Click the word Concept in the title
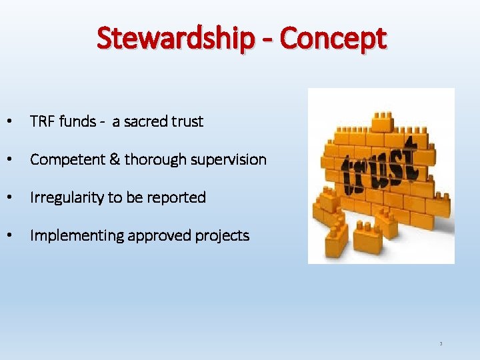click(333, 39)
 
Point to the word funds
click(77, 121)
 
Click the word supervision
click(228, 159)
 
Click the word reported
click(179, 197)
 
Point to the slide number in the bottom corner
click(441, 344)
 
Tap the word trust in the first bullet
click(187, 121)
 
